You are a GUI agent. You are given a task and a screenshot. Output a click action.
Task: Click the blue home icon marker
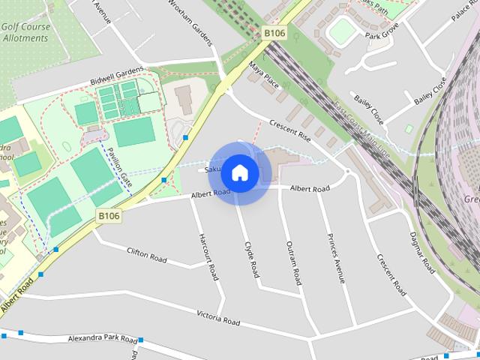click(239, 172)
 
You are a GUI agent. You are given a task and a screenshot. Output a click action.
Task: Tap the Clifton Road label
click(146, 256)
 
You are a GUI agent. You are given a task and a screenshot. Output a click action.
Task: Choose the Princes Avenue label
click(336, 258)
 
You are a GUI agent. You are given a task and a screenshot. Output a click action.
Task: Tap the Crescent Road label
click(391, 275)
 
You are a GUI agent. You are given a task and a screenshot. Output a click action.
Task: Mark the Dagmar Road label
click(423, 252)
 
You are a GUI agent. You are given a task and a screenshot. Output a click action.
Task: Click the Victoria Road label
click(218, 317)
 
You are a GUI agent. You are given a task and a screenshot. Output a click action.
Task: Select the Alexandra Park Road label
click(102, 339)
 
